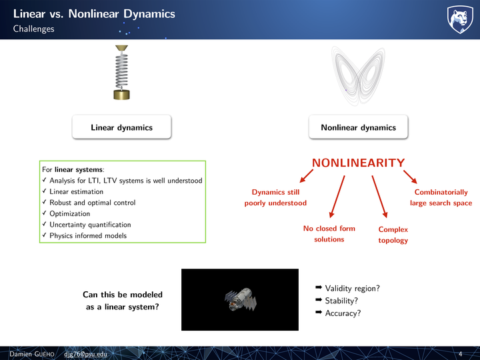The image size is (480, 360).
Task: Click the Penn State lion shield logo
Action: click(x=460, y=19)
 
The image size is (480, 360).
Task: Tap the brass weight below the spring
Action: click(x=121, y=95)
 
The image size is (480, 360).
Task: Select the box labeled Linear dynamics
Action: click(x=121, y=127)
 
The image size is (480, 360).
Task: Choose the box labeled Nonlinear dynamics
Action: click(x=358, y=127)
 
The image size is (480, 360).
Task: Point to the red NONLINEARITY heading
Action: click(x=359, y=163)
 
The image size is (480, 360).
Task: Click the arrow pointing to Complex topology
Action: click(x=379, y=197)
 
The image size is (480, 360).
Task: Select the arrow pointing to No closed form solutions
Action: click(x=337, y=197)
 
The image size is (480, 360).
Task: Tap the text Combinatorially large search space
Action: click(x=441, y=197)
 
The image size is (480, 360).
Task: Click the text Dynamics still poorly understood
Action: click(x=275, y=197)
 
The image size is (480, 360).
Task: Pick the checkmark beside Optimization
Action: click(x=45, y=213)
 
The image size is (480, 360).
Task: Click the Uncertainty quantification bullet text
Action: click(x=90, y=225)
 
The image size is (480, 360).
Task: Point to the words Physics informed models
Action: click(x=88, y=235)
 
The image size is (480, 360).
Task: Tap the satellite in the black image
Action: click(x=240, y=300)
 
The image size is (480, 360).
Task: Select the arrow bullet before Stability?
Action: click(x=319, y=300)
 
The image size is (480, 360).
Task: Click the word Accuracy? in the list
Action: click(x=343, y=313)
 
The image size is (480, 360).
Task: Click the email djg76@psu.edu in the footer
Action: click(x=86, y=354)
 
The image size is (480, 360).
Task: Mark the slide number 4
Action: click(x=461, y=354)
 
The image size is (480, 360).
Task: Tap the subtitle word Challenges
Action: click(x=34, y=29)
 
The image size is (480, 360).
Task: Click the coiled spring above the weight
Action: click(x=121, y=71)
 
